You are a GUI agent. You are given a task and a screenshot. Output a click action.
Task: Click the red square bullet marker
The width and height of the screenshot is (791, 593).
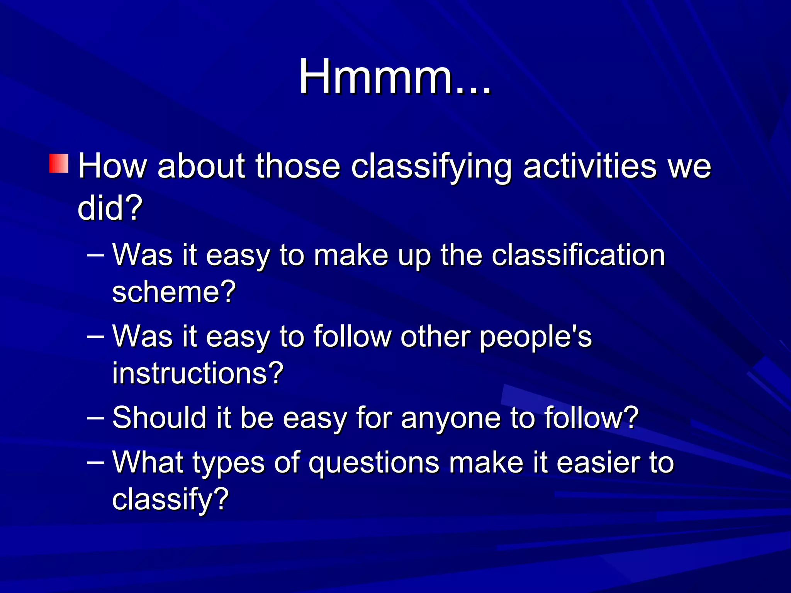59,163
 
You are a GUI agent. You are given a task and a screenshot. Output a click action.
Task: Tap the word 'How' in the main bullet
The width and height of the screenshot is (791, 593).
112,166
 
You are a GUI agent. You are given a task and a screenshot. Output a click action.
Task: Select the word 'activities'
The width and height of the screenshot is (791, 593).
589,166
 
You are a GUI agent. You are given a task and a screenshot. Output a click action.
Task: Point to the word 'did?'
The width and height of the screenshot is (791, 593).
110,208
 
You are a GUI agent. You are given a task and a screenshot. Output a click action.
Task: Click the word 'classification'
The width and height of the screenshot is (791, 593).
578,255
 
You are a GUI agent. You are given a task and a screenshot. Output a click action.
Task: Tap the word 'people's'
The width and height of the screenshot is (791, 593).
536,337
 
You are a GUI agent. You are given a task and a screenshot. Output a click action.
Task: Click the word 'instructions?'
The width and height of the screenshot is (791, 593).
198,373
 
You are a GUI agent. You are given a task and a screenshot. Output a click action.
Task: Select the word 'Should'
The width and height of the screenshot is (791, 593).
160,418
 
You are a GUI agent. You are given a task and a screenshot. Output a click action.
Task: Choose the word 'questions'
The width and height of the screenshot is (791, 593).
374,463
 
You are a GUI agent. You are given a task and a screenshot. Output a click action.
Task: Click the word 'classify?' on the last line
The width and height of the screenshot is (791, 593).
170,499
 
